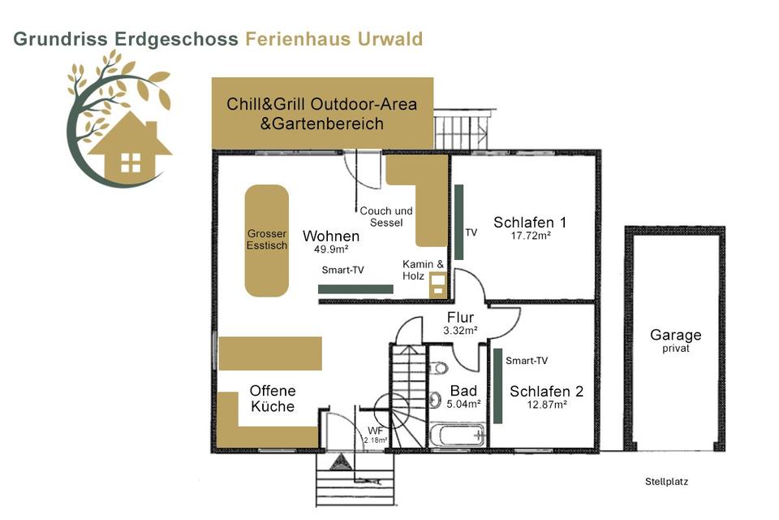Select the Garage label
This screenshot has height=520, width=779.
click(675, 335)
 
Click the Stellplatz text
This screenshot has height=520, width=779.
click(666, 482)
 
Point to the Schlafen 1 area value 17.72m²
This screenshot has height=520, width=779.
click(531, 236)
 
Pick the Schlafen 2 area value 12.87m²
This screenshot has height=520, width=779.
click(546, 404)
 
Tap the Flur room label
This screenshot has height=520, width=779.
click(460, 317)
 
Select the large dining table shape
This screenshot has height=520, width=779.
click(267, 240)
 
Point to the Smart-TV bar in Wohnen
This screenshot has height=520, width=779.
click(355, 288)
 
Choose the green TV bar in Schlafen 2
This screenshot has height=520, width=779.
click(497, 385)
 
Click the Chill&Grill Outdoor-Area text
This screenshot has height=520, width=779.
click(322, 104)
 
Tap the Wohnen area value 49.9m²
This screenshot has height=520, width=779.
click(331, 249)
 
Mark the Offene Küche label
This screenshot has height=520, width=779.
click(273, 398)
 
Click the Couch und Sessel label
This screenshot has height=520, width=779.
click(386, 216)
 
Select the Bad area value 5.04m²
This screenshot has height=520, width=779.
click(463, 403)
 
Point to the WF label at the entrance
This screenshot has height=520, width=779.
click(375, 429)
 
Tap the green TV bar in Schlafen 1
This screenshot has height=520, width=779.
click(458, 222)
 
